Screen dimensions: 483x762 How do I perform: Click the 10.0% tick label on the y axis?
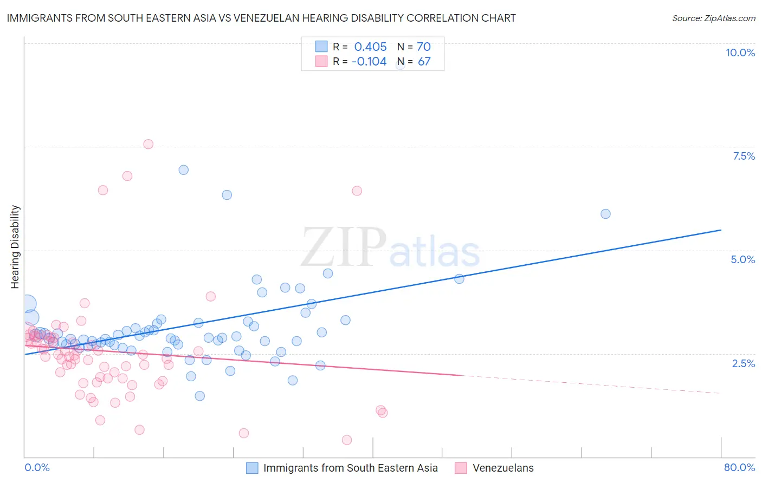pyautogui.click(x=740, y=53)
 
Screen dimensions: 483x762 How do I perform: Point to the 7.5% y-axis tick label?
pyautogui.click(x=744, y=156)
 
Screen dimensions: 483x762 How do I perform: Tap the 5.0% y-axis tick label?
pyautogui.click(x=742, y=259)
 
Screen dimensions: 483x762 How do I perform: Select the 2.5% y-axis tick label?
pyautogui.click(x=743, y=363)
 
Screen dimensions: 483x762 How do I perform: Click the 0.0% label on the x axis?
pyautogui.click(x=37, y=467)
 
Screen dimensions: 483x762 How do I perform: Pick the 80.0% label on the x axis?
pyautogui.click(x=739, y=467)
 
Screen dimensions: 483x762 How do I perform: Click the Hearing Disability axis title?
pyautogui.click(x=15, y=246)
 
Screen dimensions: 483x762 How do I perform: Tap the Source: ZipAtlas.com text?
pyautogui.click(x=713, y=18)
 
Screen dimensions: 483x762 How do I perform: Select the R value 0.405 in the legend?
pyautogui.click(x=370, y=47)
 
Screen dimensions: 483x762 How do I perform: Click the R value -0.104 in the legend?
pyautogui.click(x=369, y=62)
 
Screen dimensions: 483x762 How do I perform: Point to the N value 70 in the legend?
pyautogui.click(x=423, y=47)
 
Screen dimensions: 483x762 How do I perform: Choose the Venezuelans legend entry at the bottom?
pyautogui.click(x=503, y=468)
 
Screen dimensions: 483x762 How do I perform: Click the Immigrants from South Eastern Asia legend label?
pyautogui.click(x=350, y=468)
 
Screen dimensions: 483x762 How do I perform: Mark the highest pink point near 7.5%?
pyautogui.click(x=148, y=144)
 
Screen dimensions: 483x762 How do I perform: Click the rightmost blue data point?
pyautogui.click(x=605, y=214)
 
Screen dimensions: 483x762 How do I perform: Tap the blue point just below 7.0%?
pyautogui.click(x=184, y=169)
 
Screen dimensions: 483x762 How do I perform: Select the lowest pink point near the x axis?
pyautogui.click(x=347, y=440)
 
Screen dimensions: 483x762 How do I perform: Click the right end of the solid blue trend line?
pyautogui.click(x=721, y=230)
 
